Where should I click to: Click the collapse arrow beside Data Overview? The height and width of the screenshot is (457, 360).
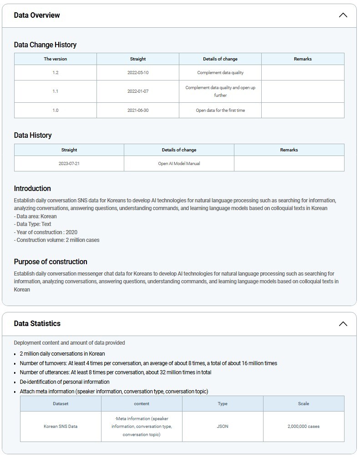(x=343, y=15)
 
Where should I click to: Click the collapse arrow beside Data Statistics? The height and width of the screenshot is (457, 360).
(x=343, y=324)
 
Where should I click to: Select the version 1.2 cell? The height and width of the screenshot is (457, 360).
(x=56, y=73)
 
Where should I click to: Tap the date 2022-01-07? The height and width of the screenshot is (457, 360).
(x=138, y=91)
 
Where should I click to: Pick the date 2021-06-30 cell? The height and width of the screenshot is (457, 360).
(x=138, y=110)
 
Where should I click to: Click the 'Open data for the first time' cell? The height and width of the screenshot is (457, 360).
(x=220, y=110)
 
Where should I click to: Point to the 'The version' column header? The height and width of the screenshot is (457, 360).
(x=56, y=59)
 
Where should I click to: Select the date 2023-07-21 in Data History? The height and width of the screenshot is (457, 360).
(x=69, y=164)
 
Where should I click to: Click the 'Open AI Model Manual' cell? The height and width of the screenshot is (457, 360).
(x=179, y=164)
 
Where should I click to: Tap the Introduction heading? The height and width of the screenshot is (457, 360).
(x=32, y=189)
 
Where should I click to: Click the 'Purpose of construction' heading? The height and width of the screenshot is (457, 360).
(x=51, y=262)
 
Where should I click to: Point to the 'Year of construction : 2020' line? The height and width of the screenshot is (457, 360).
(x=46, y=232)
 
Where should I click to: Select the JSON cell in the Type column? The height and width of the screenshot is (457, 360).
(x=223, y=427)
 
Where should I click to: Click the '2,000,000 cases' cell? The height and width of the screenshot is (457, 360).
(x=304, y=427)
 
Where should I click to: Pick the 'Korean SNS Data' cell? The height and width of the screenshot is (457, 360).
(x=61, y=427)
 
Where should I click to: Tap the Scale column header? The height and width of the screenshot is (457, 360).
(x=304, y=404)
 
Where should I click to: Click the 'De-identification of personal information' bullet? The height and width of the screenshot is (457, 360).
(x=65, y=382)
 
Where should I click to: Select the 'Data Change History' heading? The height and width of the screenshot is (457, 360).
(x=45, y=45)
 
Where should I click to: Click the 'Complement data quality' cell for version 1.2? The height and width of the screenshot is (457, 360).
(x=220, y=73)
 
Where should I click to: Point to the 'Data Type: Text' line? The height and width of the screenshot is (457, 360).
(x=33, y=224)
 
